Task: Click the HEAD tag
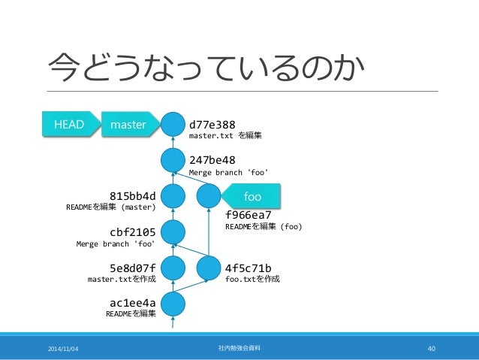pyautogui.click(x=67, y=124)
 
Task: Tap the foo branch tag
pyautogui.click(x=252, y=197)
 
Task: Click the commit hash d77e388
pyautogui.click(x=212, y=123)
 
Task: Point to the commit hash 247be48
pyautogui.click(x=212, y=160)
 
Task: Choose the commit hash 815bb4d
pyautogui.click(x=133, y=196)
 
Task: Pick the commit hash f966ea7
pyautogui.click(x=249, y=213)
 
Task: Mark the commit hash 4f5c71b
pyautogui.click(x=249, y=267)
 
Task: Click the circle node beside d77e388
pyautogui.click(x=173, y=124)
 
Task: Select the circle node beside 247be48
pyautogui.click(x=173, y=159)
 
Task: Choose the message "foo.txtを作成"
pyautogui.click(x=253, y=279)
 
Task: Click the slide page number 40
pyautogui.click(x=431, y=348)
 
